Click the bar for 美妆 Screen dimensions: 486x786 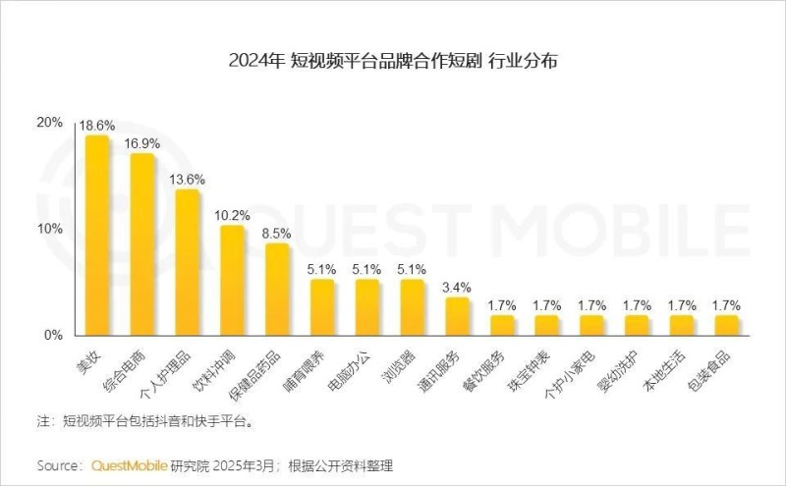coord(97,236)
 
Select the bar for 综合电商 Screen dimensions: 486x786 coord(142,245)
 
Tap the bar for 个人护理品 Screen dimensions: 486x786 coord(188,262)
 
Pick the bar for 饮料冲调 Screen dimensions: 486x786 coord(233,281)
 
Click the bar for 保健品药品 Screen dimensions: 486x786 coord(278,290)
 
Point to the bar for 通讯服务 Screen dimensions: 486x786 coord(458,316)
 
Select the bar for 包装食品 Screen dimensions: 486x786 coord(727,325)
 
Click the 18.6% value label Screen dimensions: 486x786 coord(97,126)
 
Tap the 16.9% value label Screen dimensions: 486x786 coord(142,143)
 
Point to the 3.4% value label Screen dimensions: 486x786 coord(458,287)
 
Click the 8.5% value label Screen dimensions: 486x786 coord(278,233)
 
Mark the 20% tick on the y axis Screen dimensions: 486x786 coord(49,123)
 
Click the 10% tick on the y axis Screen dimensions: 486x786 coord(49,229)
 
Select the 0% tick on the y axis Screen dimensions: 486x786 coord(53,335)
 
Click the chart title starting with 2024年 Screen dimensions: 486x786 coord(393,61)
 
